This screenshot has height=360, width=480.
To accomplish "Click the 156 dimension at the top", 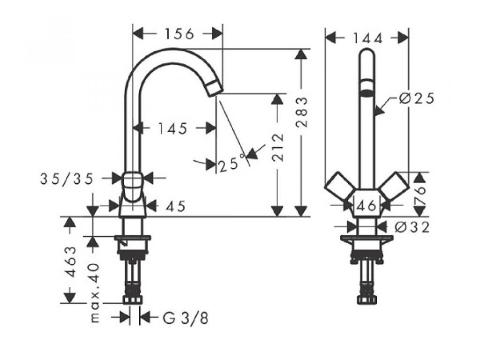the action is (x=179, y=34).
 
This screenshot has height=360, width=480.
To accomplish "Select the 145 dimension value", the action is (x=172, y=128).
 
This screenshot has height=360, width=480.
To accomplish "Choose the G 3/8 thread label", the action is (x=185, y=318).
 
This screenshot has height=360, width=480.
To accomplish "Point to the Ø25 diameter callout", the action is (x=417, y=99).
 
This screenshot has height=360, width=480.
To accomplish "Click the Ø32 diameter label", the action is (x=412, y=227).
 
